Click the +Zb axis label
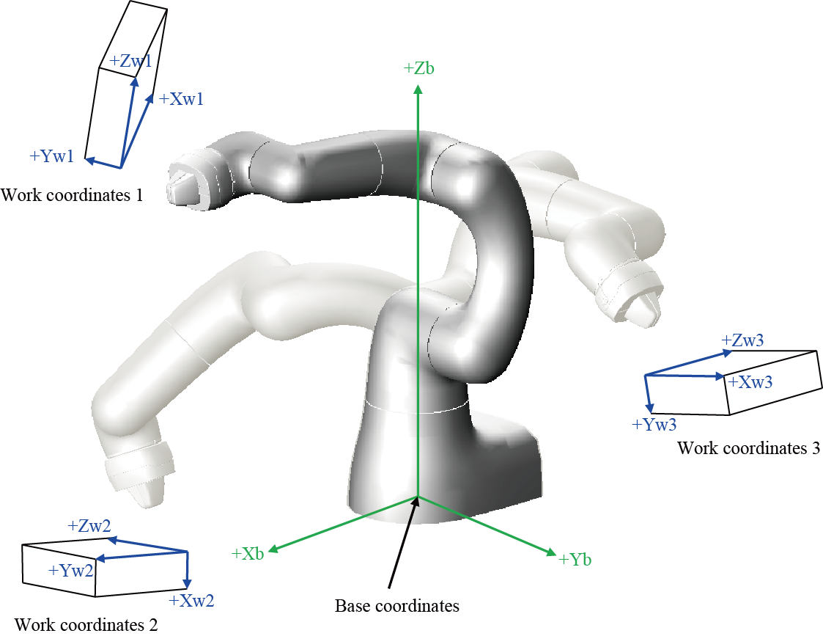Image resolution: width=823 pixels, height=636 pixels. pos(419,68)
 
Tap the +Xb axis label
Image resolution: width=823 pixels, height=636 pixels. pos(248,554)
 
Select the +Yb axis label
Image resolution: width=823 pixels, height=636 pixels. pos(575,559)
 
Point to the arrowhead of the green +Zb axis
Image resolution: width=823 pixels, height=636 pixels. pos(418,89)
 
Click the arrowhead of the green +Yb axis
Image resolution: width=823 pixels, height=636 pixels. pos(550,552)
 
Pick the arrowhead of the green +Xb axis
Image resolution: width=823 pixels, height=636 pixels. pos(273,549)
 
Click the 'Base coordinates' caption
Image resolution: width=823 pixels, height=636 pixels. pos(396,606)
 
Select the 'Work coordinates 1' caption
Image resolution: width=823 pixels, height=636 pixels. pos(72,195)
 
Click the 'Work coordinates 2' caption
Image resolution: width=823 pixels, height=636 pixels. pos(86,624)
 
